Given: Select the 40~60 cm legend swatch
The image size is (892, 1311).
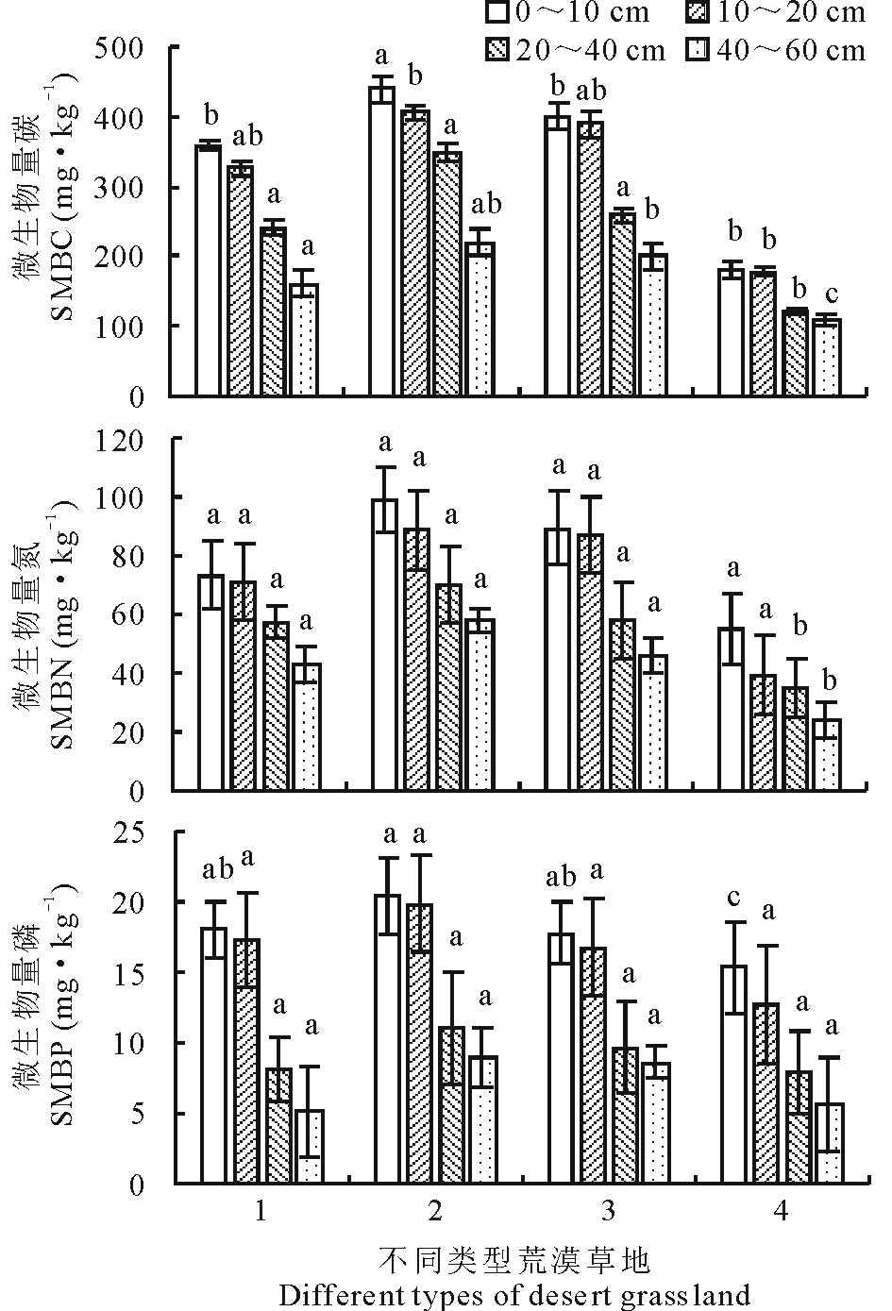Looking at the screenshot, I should pos(696,50).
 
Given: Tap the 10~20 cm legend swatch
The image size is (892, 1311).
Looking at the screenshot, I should pos(696,13).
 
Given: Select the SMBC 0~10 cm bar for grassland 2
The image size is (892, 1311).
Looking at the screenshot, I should pos(381,241).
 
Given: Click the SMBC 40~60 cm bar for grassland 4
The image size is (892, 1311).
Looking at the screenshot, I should pos(826,358).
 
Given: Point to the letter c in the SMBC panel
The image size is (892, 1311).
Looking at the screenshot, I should pos(828,294).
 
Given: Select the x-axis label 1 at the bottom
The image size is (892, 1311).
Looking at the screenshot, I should pos(261,1211).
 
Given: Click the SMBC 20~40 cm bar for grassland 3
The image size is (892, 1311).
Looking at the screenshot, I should pos(621,304).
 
